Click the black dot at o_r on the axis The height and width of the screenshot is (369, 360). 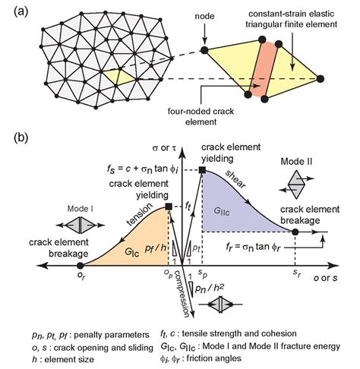pyautogui.click(x=81, y=265)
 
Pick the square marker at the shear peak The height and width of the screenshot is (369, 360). pyautogui.click(x=202, y=170)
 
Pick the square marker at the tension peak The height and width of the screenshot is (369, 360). pyautogui.click(x=168, y=207)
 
